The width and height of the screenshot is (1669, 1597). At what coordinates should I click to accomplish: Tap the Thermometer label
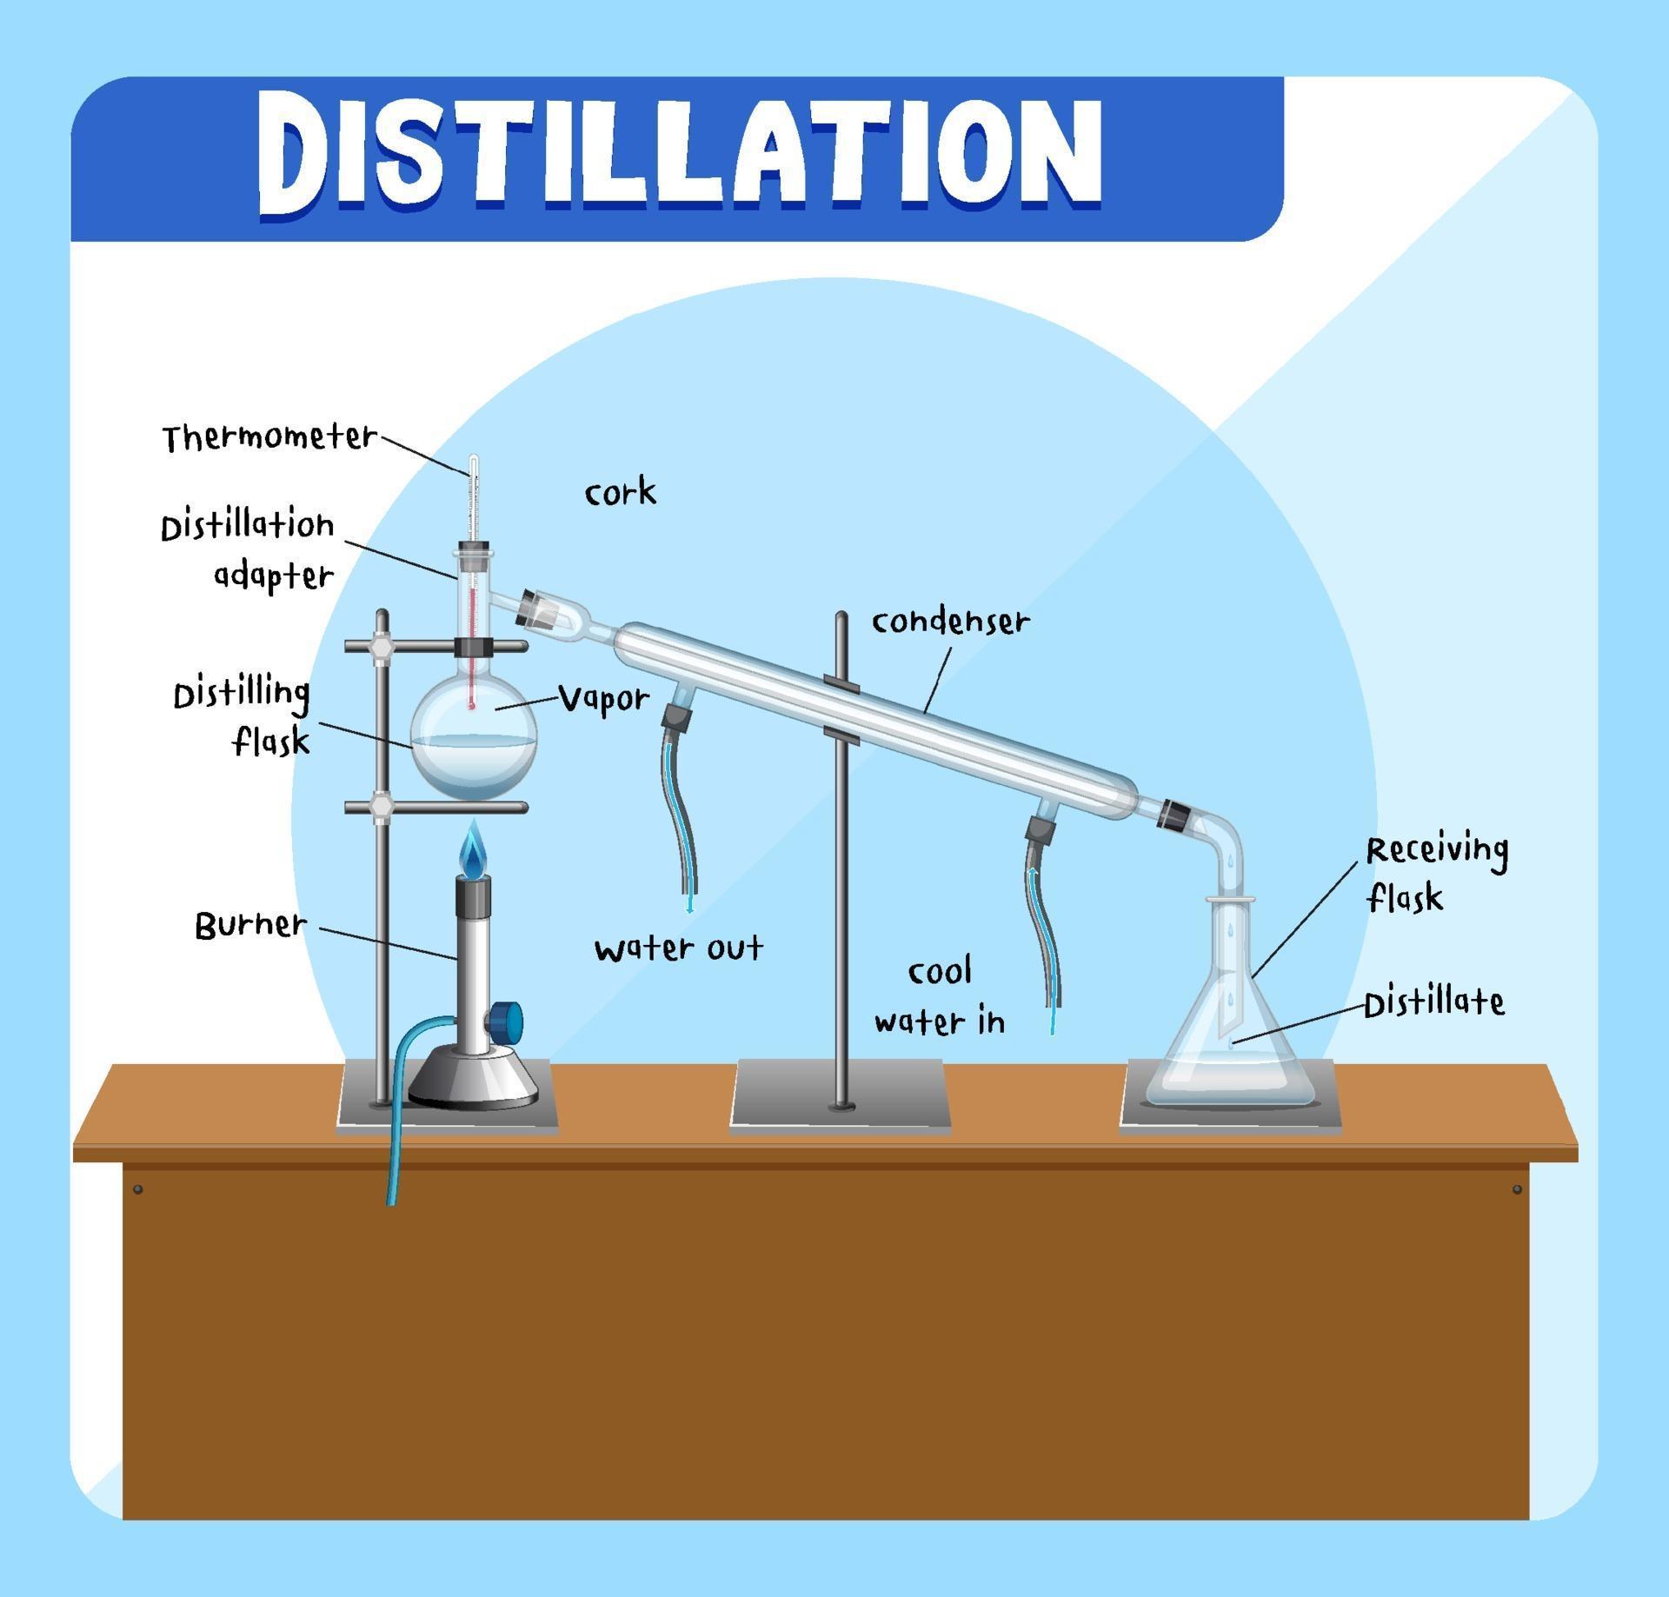click(x=269, y=436)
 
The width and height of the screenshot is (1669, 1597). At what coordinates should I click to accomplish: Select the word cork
click(x=620, y=493)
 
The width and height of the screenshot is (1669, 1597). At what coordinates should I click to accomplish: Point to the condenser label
click(x=950, y=622)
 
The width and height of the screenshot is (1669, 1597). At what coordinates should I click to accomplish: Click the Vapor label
click(x=603, y=698)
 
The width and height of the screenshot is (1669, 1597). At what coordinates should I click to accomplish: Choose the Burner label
click(x=250, y=924)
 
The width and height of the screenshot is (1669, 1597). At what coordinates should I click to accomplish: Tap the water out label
click(x=678, y=948)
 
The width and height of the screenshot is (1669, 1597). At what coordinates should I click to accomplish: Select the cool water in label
click(x=940, y=996)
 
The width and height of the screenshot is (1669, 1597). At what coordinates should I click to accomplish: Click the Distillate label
click(x=1433, y=1003)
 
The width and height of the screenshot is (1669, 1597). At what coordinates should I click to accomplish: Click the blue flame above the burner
click(x=473, y=852)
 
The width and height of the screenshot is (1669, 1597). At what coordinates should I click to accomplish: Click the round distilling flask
click(x=474, y=739)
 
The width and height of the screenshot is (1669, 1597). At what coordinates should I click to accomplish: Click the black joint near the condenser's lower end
click(x=1174, y=814)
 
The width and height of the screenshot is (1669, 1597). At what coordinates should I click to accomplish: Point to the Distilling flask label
click(x=242, y=717)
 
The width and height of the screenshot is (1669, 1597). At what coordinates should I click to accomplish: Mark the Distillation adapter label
click(x=248, y=549)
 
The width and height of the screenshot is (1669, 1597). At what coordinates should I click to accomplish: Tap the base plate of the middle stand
click(x=840, y=1095)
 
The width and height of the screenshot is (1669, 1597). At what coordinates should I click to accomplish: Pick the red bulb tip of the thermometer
click(x=472, y=705)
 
